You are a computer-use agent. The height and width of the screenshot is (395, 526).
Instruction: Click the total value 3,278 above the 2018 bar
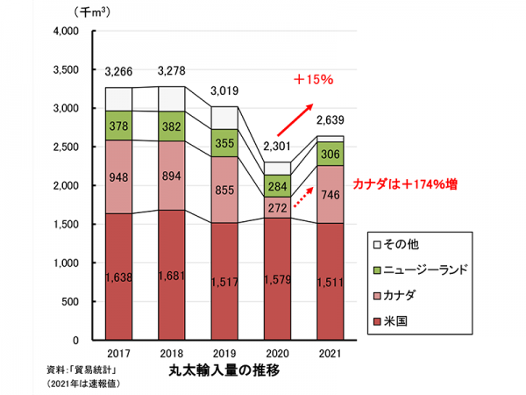[172, 71]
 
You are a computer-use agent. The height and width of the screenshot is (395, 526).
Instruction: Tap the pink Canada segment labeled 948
[118, 176]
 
